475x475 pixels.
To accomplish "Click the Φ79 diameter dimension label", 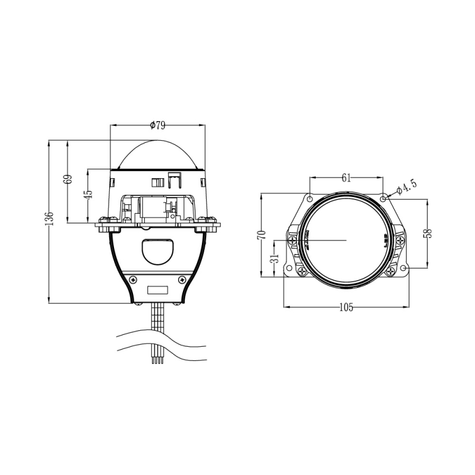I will [x=157, y=125].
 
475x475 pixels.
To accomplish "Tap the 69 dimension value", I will [x=68, y=179].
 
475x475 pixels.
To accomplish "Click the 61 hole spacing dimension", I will [x=346, y=177].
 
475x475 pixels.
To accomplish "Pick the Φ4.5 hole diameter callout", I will [x=407, y=187].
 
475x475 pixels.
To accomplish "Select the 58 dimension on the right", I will [x=427, y=233].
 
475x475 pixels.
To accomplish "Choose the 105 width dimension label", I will [x=346, y=307].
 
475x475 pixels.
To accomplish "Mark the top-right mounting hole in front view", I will [x=384, y=197].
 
